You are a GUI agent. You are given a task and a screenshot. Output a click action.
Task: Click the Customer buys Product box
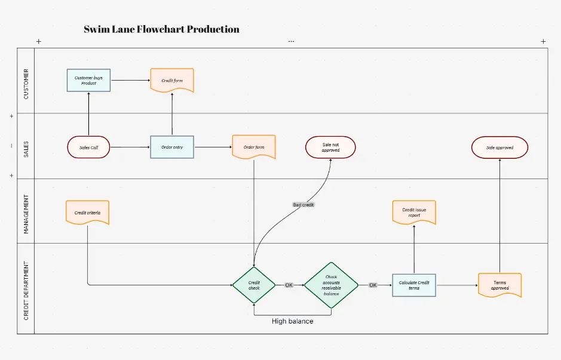88,80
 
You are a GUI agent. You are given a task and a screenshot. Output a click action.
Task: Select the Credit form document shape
172,80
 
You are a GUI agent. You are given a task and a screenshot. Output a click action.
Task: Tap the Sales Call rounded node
88,147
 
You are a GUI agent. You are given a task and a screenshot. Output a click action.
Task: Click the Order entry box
172,147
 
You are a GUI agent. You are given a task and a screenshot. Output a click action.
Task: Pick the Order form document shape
254,147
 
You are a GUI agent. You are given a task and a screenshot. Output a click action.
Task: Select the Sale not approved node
330,147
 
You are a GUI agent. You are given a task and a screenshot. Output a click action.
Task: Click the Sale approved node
499,147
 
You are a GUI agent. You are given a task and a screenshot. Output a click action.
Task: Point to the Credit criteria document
87,213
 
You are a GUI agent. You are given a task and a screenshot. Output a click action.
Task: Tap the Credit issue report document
414,213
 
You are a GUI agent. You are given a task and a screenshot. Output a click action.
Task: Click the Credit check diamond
254,285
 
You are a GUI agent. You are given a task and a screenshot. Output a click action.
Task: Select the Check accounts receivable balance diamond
331,285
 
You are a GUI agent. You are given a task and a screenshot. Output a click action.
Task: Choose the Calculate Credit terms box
414,285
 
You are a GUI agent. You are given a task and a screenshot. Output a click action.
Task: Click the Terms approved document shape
499,285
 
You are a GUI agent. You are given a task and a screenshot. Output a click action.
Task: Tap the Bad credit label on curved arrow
304,205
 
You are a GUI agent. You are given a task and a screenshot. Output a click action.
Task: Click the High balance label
292,321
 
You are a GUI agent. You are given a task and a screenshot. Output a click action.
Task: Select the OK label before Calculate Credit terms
373,285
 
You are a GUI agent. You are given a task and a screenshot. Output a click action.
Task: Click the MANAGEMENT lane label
26,211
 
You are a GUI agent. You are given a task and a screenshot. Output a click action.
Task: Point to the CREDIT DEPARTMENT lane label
26,288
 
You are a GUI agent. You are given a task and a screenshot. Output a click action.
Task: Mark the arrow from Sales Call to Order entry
130,147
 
